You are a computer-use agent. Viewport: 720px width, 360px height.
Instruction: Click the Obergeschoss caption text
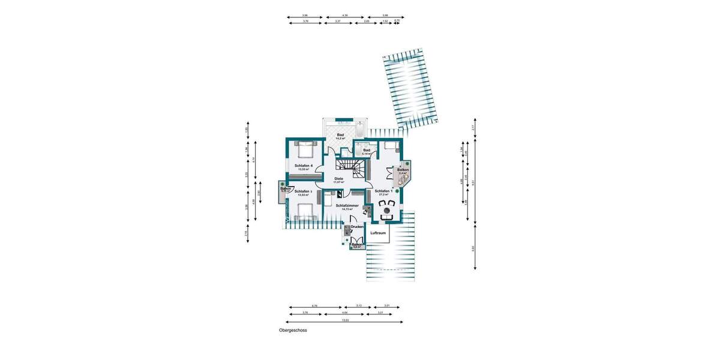point(293,330)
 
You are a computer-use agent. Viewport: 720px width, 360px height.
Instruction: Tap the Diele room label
point(338,179)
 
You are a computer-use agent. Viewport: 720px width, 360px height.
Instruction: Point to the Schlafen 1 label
point(382,191)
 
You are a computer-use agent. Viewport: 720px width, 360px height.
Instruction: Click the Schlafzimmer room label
point(347,206)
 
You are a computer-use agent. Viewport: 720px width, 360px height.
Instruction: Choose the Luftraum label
point(378,232)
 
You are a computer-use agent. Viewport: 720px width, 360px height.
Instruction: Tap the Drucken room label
point(357,227)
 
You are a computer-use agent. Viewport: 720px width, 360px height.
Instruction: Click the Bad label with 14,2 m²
point(340,135)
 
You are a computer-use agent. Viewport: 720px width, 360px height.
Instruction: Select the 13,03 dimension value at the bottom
point(345,320)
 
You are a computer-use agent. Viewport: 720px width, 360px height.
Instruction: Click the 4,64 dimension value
point(344,313)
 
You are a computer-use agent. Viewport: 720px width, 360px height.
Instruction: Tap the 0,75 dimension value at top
point(397,21)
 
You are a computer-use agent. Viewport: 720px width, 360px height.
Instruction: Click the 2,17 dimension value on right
point(473,127)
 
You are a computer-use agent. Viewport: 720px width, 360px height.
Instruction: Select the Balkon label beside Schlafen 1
point(403,170)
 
